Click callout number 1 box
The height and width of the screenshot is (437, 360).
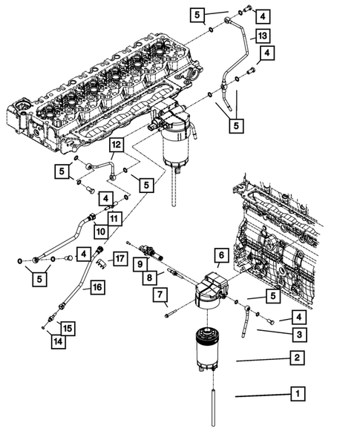pos(297,393)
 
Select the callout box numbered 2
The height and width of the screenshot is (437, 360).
pos(297,358)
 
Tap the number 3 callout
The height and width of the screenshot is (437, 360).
pos(297,335)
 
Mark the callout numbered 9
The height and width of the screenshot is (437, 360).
pos(139,263)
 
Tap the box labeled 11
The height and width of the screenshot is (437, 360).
pos(114,218)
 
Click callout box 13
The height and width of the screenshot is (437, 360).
pos(262,35)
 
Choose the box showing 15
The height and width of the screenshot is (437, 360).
pos(66,327)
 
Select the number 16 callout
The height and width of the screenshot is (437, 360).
pos(96,286)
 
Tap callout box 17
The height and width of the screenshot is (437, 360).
pos(120,258)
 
